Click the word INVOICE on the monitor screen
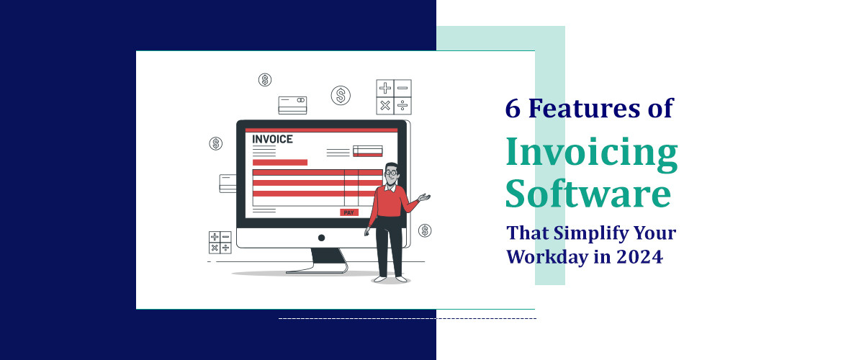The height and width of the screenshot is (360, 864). coord(273,139)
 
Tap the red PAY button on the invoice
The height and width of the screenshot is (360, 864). coord(349,212)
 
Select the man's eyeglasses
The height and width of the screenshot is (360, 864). coord(391,173)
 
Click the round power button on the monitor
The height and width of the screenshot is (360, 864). coord(321,238)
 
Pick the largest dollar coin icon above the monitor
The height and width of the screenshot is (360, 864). coord(341,95)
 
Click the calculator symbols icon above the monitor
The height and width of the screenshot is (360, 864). coord(394,96)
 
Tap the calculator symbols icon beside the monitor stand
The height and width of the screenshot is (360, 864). coord(220,242)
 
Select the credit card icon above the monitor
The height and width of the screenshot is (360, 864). coord(292,105)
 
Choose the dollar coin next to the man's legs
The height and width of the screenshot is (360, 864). coord(425,230)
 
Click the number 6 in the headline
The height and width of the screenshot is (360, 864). coord(513,109)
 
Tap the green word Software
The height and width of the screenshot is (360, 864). coord(588,195)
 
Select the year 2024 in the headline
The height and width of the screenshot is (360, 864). coord(639,256)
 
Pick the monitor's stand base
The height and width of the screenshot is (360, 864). coord(316,270)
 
